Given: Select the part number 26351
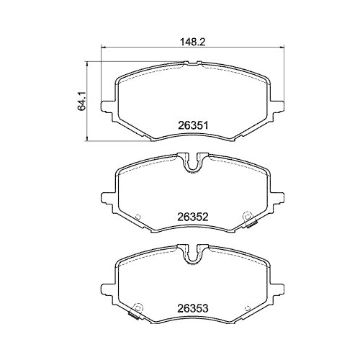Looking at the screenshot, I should [193, 124].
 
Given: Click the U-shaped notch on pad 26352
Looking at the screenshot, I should [192, 163].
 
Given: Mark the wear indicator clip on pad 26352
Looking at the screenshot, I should [252, 227].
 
